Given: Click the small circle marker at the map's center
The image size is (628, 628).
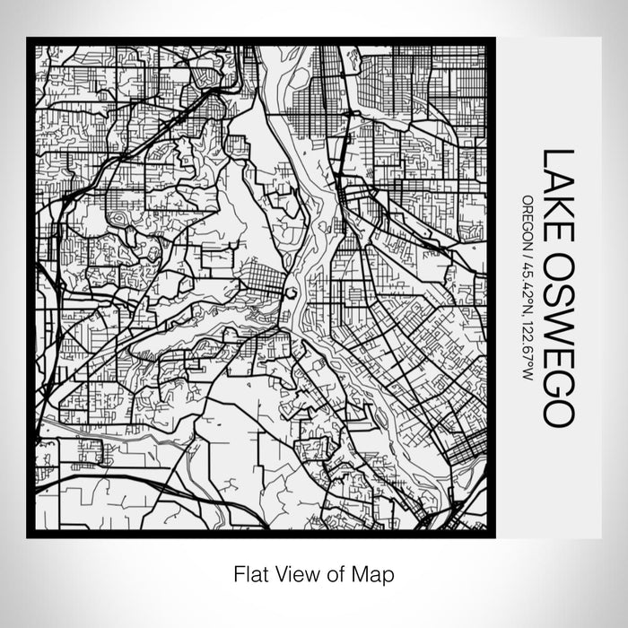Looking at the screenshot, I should (x=291, y=293).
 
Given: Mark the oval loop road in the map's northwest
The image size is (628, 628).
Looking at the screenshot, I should (x=118, y=216).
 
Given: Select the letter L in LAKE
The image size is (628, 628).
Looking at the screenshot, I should (x=555, y=156).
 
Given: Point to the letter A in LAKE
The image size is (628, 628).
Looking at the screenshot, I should (x=555, y=174).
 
